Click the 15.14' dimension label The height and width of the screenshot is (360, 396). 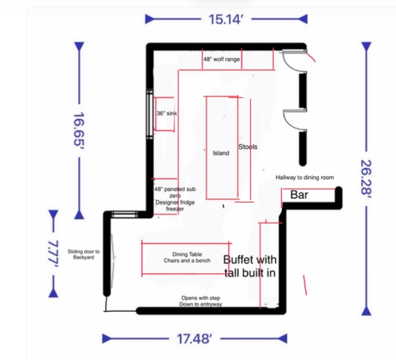coord(226,19)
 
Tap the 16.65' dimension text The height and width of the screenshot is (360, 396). coord(79,130)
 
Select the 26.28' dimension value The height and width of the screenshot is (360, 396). coord(366,178)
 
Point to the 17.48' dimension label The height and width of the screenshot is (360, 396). coord(194,338)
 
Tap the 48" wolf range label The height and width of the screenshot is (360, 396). coord(222,59)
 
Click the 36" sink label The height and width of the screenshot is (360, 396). coord(166,113)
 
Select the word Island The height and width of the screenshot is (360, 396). coord(221,153)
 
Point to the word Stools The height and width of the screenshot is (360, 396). coord(248,147)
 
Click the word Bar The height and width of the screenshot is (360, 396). coord(299,195)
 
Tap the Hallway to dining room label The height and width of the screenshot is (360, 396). coord(305,178)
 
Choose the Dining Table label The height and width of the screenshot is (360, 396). coord(187,254)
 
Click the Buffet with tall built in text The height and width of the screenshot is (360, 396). coord(250,266)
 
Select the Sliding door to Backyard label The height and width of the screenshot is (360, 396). coord(84,254)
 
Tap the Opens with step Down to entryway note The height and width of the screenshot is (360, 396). coord(201,301)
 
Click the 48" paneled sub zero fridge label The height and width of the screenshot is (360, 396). coord(175,199)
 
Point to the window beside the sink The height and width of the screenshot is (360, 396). coord(150,114)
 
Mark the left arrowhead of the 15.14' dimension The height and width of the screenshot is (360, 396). coord(150,19)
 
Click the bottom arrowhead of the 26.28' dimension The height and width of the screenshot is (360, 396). coord(366,311)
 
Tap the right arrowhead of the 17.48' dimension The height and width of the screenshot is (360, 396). coord(283,338)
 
